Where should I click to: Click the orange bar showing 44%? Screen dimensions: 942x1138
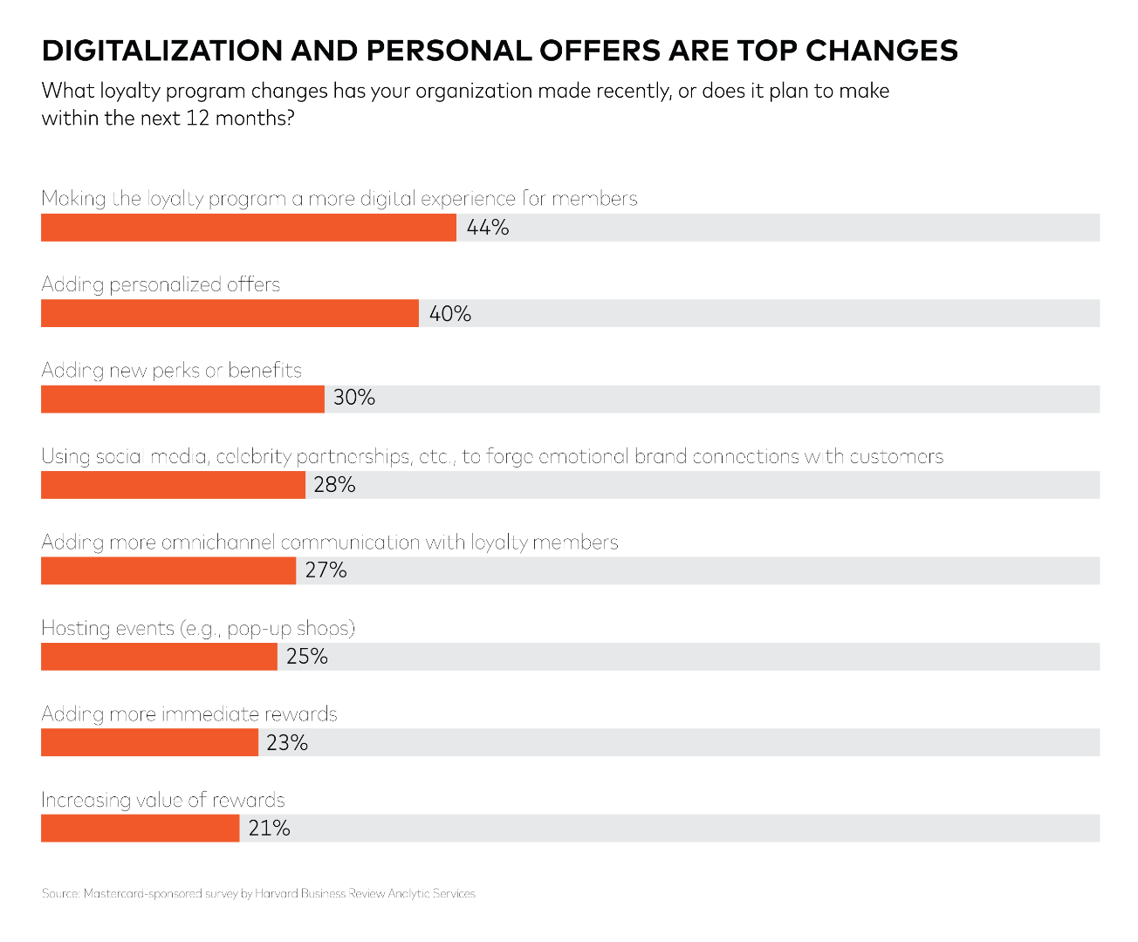point(249,227)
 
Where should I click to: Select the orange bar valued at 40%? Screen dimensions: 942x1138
point(230,313)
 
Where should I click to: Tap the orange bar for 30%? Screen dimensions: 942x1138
point(182,399)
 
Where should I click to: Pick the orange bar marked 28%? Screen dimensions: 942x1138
point(173,485)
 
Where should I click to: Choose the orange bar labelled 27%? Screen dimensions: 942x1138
point(168,570)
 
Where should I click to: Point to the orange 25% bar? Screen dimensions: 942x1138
point(159,657)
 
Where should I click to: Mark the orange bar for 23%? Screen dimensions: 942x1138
point(149,742)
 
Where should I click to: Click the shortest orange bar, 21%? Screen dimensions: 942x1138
point(140,828)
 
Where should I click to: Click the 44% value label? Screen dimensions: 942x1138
point(488,228)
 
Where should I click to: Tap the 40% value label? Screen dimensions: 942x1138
point(450,314)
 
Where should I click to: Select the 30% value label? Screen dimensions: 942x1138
point(354,399)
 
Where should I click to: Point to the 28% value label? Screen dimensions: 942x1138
point(334,485)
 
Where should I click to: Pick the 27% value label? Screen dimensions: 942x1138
point(326,570)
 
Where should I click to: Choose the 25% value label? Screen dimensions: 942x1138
point(306,657)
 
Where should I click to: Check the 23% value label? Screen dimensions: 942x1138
point(287,743)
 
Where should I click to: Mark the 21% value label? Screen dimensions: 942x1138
point(269,829)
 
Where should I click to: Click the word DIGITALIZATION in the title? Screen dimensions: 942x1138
point(162,51)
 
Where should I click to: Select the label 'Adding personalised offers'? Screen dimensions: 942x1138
point(161,285)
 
